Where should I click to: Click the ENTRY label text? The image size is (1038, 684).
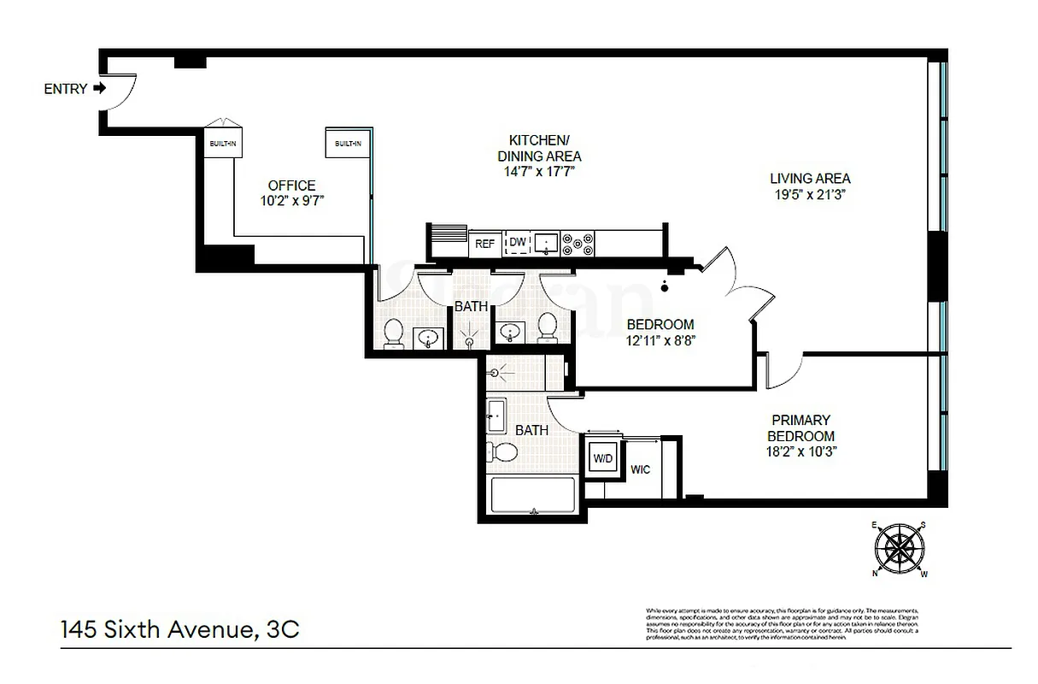[65, 89]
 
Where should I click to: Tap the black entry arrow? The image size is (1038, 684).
[100, 88]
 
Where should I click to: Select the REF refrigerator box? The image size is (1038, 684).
[484, 244]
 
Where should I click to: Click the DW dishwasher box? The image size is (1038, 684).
[518, 244]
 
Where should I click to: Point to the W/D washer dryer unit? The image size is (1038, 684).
[603, 458]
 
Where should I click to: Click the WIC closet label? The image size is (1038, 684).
[641, 469]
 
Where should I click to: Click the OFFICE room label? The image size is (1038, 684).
[291, 186]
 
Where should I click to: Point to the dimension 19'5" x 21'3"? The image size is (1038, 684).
[810, 194]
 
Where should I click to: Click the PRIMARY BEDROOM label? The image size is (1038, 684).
[801, 427]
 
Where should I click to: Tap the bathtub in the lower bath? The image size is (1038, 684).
[533, 495]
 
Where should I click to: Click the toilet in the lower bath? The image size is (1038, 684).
[505, 451]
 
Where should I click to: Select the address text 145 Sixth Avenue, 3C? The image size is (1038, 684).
[180, 630]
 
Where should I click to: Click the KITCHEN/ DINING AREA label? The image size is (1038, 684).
[539, 148]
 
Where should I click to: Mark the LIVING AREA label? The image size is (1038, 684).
[810, 179]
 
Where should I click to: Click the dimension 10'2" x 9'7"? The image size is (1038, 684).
[291, 201]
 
